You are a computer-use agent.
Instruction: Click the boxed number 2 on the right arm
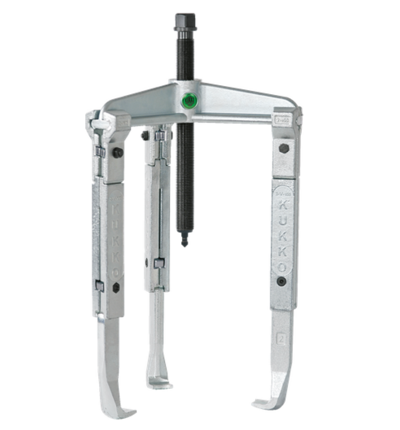point(281,338)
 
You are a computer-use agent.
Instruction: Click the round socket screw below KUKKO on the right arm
point(281,281)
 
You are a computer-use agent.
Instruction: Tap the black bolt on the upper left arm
point(118,153)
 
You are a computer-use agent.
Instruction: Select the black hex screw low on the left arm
point(116,287)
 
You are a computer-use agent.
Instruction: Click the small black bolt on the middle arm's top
point(144,135)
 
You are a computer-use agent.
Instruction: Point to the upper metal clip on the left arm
point(99,151)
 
